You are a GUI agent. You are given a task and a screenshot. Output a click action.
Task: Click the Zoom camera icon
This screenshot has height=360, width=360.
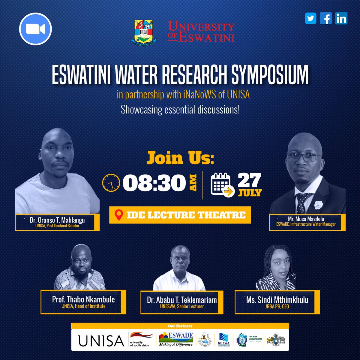35,29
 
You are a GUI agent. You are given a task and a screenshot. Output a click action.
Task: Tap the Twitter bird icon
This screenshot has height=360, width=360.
310,19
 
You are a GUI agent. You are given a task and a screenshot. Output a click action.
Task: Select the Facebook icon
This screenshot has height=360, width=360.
326,19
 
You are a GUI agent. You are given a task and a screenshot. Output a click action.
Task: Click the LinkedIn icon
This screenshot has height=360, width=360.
341,19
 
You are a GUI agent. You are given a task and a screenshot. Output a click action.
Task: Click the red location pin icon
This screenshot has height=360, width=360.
119,215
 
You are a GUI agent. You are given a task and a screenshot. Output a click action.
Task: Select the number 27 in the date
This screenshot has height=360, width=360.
249,181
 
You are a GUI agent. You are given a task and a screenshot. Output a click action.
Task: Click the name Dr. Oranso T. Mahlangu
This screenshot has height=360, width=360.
57,220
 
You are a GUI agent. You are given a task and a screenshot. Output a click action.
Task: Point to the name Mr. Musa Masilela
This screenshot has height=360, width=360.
307,219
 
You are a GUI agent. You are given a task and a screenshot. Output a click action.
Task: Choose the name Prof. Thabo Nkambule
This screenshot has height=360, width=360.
83,299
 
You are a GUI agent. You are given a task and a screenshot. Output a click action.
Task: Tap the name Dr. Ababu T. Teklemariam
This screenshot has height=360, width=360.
182,300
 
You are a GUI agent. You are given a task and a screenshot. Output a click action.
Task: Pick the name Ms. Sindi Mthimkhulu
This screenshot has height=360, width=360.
277,299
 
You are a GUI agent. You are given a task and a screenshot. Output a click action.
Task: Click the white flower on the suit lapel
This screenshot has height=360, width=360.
318,205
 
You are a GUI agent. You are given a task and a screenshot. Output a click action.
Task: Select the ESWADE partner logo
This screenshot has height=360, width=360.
176,339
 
